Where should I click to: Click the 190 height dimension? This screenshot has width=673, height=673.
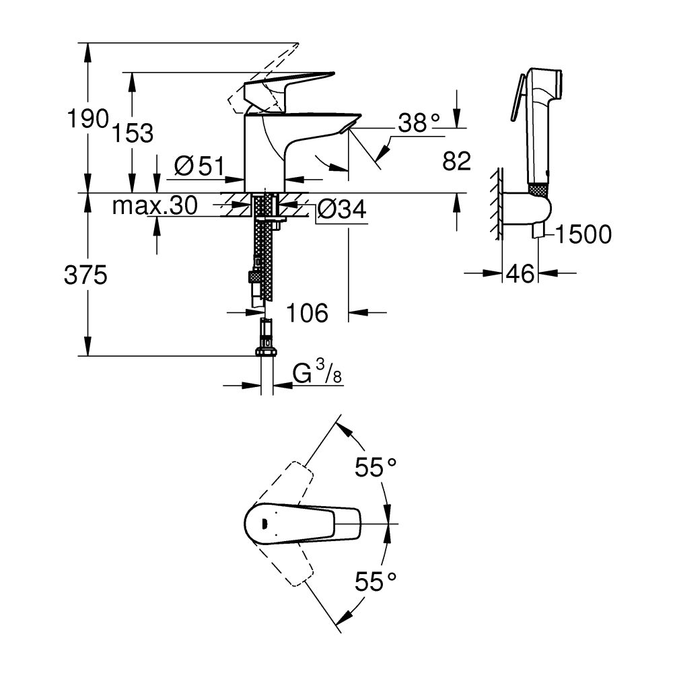click(x=87, y=119)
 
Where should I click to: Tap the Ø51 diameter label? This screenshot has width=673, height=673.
click(x=199, y=166)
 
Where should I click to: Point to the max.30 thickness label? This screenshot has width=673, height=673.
click(x=154, y=206)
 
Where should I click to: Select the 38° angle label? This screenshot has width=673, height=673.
click(x=418, y=123)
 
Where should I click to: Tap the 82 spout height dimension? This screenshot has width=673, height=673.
click(x=456, y=160)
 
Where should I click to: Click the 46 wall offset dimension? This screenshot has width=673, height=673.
click(x=520, y=273)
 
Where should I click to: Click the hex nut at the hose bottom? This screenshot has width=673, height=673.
click(x=267, y=351)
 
